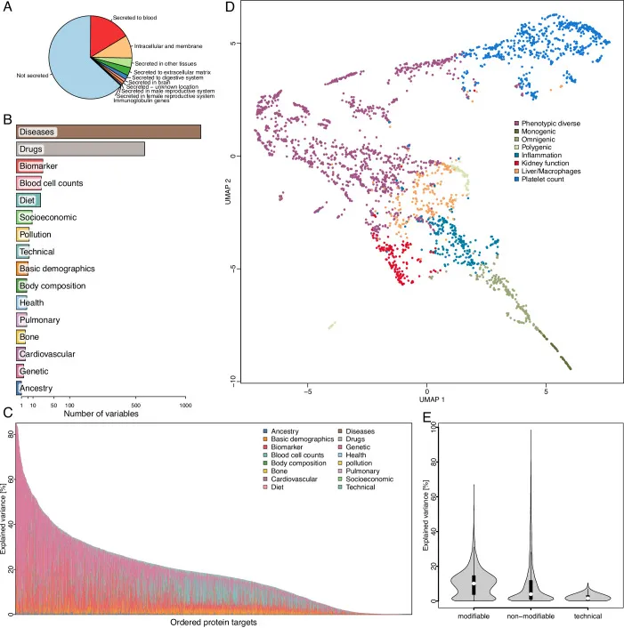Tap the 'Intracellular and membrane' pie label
coord(162,44)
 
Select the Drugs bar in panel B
coord(80,149)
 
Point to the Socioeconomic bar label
coord(48,217)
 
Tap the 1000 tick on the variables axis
coord(186,405)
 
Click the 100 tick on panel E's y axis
coord(434,429)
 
